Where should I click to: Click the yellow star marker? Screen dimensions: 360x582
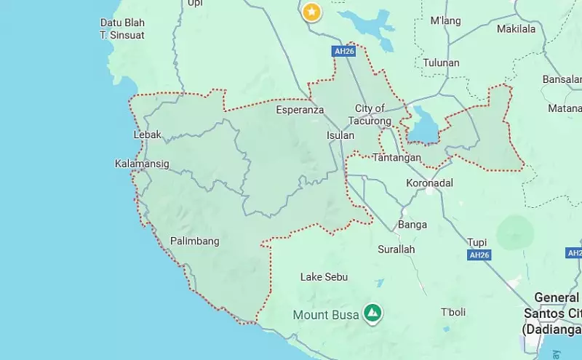(x=311, y=12)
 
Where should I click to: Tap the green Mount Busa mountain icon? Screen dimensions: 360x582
(x=372, y=313)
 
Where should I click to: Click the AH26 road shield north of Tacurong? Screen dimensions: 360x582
(x=343, y=52)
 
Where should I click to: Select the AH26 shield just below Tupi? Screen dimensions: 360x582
(x=479, y=255)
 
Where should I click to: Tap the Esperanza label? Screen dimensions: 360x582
(x=299, y=111)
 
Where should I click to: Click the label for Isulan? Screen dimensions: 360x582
(x=340, y=135)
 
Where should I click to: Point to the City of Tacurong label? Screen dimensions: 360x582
(x=370, y=114)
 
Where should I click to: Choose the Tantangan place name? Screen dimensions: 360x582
(x=396, y=157)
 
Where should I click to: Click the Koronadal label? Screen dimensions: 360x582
(x=429, y=183)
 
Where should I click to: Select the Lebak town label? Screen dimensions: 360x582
(x=148, y=135)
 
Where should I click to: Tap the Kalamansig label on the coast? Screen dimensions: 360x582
(x=142, y=164)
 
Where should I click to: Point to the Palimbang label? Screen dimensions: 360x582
(x=194, y=241)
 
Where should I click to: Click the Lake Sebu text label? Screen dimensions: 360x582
(x=324, y=277)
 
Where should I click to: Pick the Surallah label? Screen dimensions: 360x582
(x=396, y=249)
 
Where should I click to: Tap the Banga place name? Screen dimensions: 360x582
(x=412, y=224)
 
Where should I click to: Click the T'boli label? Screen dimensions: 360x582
(x=453, y=312)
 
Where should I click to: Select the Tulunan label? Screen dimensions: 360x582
(x=441, y=63)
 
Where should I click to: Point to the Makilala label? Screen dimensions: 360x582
(x=516, y=29)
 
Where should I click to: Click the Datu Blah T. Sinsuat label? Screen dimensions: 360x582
(x=122, y=28)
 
